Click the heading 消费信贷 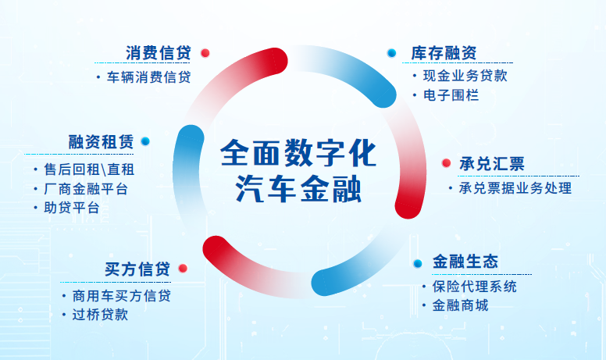[x=159, y=53]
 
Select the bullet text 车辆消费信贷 [x=149, y=77]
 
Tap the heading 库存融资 [x=444, y=53]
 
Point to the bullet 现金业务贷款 [x=465, y=76]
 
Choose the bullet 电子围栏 [x=451, y=95]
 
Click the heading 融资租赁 [x=101, y=142]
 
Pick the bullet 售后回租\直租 [x=89, y=169]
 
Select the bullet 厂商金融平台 [x=86, y=189]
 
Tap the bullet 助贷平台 [x=72, y=208]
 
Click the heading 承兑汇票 [x=492, y=164]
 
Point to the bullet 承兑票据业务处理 [x=515, y=188]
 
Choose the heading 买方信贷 [x=137, y=269]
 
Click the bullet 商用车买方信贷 [x=121, y=296]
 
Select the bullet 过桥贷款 [x=100, y=315]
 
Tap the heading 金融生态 [x=465, y=262]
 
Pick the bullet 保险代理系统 [x=475, y=287]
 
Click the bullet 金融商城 [x=460, y=305]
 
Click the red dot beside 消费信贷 [x=205, y=53]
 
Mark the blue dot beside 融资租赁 [x=145, y=141]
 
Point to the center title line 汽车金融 [x=298, y=189]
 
